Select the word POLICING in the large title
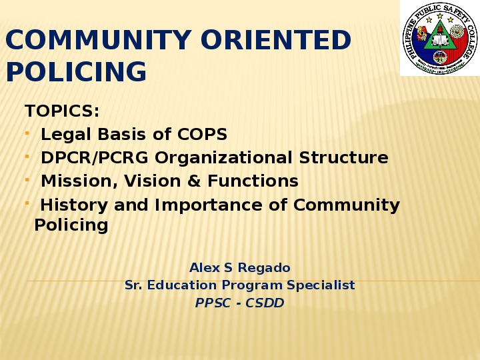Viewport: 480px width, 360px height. [x=76, y=72]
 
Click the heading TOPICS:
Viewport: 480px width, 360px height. [x=62, y=111]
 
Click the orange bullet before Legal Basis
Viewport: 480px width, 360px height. [x=27, y=133]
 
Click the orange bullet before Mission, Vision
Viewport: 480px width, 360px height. [x=27, y=180]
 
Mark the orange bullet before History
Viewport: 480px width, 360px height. [x=27, y=203]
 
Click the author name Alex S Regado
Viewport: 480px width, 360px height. [x=239, y=268]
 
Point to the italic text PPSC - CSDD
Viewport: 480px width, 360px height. [x=239, y=303]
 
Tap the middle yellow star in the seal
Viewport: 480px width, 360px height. [x=440, y=15]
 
